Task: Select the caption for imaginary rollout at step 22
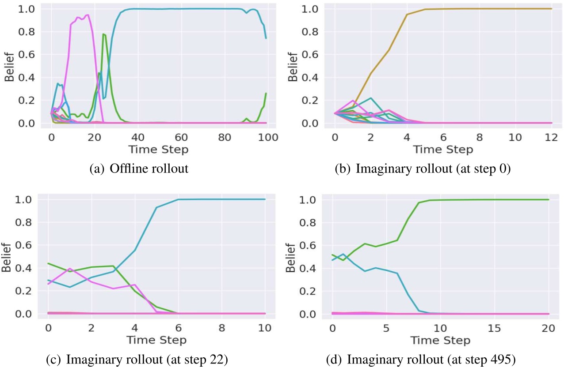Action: click(137, 359)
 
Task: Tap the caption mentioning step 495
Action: click(423, 359)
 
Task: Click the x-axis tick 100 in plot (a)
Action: click(268, 137)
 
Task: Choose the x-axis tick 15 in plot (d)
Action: click(495, 328)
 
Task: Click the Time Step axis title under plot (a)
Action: click(159, 149)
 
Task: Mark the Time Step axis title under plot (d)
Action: click(441, 340)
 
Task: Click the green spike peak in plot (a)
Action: click(103, 34)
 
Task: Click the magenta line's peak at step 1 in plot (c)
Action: click(69, 268)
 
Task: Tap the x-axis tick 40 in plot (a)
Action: click(138, 137)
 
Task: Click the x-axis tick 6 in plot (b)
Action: click(443, 137)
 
